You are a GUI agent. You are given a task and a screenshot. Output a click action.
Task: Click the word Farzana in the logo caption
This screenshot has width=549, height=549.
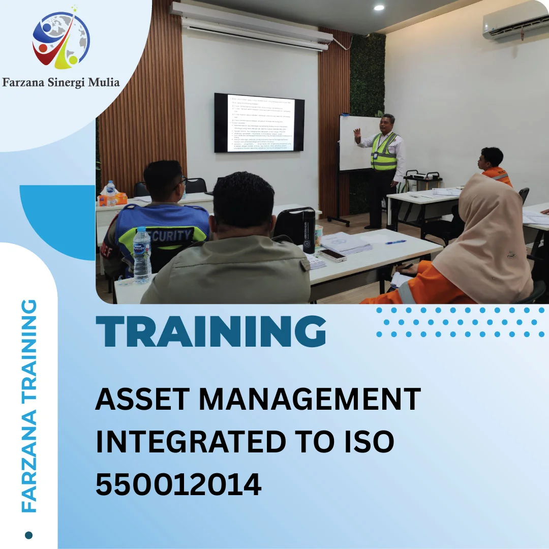[x=23, y=82]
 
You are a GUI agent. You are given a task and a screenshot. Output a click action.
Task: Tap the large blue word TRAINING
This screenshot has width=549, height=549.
[x=211, y=331]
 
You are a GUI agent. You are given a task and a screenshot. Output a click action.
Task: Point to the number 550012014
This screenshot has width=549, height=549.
[x=178, y=484]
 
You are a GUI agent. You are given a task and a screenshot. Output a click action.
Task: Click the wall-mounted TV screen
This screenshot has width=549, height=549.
[x=259, y=123]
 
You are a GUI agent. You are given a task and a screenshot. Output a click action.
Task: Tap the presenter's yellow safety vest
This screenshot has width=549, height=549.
[x=384, y=151]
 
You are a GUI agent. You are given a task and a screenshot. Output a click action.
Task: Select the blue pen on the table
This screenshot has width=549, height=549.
[x=395, y=242]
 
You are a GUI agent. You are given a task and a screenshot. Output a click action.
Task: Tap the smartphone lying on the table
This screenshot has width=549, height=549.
[x=332, y=255]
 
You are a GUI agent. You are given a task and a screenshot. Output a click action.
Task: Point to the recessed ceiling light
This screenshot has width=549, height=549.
[x=379, y=8]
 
